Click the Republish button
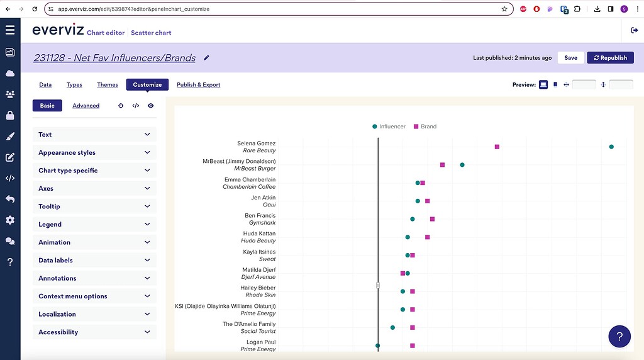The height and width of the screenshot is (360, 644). pyautogui.click(x=610, y=58)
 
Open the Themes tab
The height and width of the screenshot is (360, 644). pyautogui.click(x=108, y=85)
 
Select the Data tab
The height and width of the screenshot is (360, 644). pyautogui.click(x=45, y=85)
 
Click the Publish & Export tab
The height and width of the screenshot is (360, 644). pyautogui.click(x=198, y=85)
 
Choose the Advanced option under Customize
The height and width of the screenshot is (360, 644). pyautogui.click(x=86, y=106)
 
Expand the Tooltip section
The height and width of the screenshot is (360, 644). pyautogui.click(x=94, y=206)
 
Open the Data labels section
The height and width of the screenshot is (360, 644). pyautogui.click(x=94, y=261)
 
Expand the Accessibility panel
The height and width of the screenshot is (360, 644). pyautogui.click(x=94, y=332)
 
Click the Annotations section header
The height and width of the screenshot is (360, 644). pyautogui.click(x=94, y=278)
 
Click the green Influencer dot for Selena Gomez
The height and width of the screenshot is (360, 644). pyautogui.click(x=611, y=147)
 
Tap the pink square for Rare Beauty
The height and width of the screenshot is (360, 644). pyautogui.click(x=497, y=147)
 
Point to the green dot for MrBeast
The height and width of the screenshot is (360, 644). pyautogui.click(x=462, y=165)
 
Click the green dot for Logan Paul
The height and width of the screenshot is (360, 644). pyautogui.click(x=378, y=346)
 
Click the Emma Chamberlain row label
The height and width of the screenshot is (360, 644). pyautogui.click(x=250, y=180)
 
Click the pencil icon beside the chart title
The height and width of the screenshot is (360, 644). pyautogui.click(x=207, y=58)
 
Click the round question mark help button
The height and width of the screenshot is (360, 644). pyautogui.click(x=619, y=337)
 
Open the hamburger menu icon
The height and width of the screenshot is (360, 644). pyautogui.click(x=10, y=30)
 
